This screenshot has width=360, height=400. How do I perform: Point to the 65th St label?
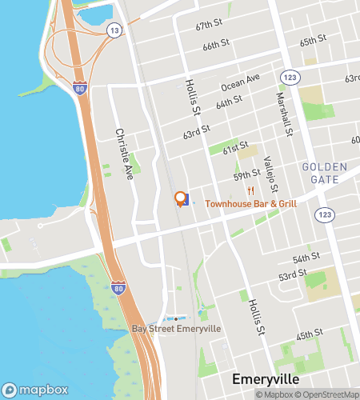[312, 41]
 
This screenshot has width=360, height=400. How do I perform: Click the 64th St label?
[229, 103]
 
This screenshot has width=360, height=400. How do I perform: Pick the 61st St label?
[236, 149]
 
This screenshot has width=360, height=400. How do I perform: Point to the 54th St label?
[306, 258]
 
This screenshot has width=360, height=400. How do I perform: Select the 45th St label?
[309, 333]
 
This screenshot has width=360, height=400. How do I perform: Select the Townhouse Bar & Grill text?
[251, 204]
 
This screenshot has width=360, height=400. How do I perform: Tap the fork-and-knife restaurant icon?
[250, 190]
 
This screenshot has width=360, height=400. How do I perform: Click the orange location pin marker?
[181, 198]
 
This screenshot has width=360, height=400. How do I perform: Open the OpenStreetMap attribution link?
[330, 394]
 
